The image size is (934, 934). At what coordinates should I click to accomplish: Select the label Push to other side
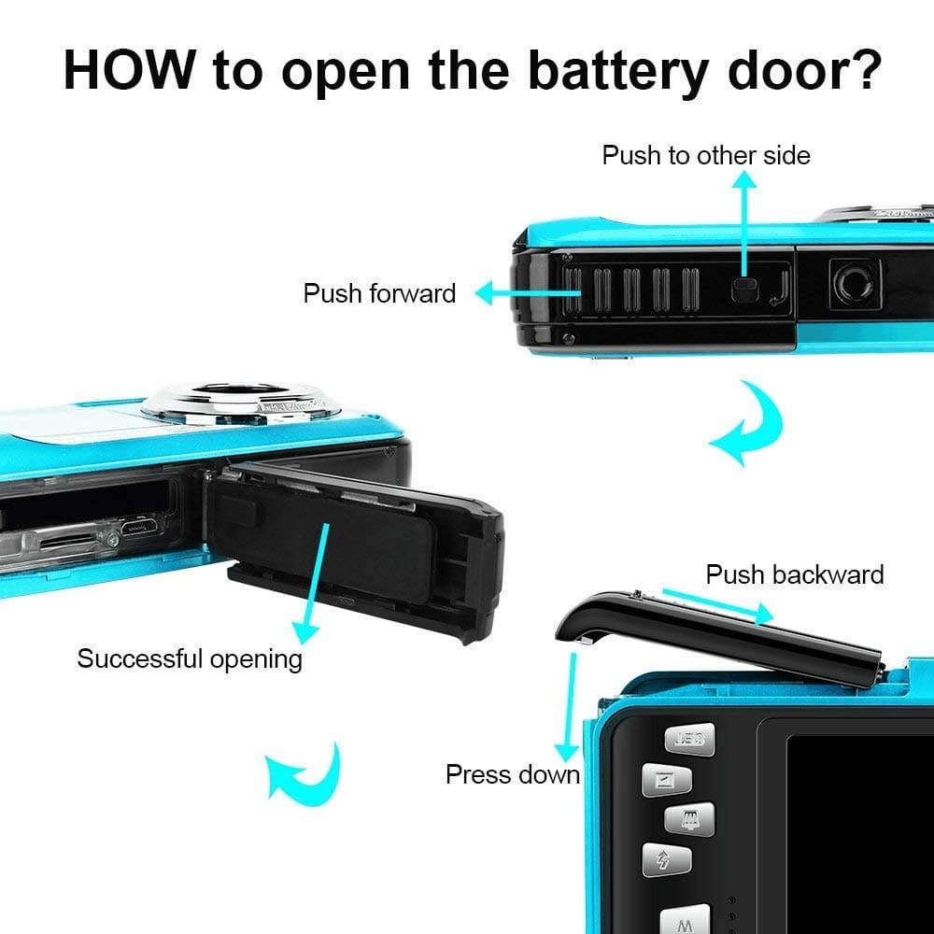coord(706,155)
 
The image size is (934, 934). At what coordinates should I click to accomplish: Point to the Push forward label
coord(379,293)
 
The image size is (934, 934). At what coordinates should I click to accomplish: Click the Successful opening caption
coord(190,658)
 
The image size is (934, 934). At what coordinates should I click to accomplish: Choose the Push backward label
coord(794,573)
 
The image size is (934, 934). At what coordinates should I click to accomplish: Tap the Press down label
coord(512,774)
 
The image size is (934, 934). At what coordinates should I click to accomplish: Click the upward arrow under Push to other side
coord(744,224)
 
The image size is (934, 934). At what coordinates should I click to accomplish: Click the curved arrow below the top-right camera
coord(746,425)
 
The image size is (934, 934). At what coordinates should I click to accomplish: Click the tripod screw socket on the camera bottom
coord(855,282)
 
